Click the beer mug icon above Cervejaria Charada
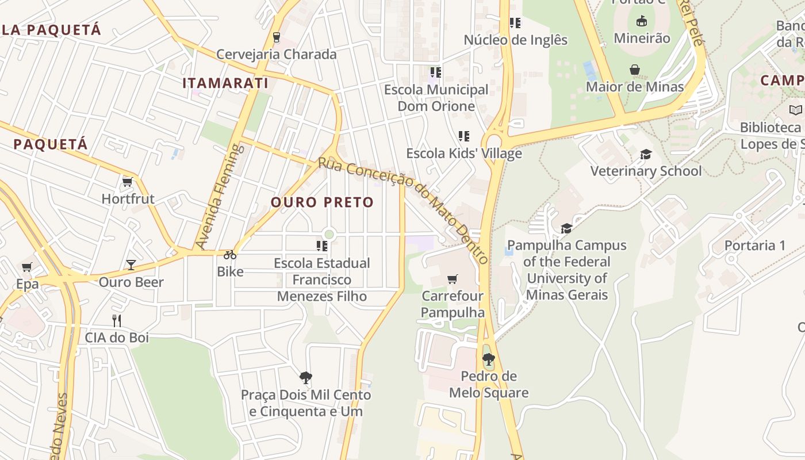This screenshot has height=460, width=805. tap(277, 37)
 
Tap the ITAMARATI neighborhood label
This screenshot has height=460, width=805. tap(225, 83)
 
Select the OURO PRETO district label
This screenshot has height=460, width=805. tap(322, 202)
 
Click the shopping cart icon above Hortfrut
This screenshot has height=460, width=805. tap(127, 182)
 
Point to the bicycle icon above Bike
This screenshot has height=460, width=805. tap(230, 255)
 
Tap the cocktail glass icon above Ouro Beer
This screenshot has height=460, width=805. tap(131, 265)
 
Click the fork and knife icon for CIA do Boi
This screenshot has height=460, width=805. tap(117, 320)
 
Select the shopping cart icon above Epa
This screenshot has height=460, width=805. tap(26, 267)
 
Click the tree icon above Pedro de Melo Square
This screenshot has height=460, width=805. tap(489, 360)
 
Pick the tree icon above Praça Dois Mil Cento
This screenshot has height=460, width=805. tap(306, 378)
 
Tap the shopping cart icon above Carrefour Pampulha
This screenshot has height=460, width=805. tap(453, 279)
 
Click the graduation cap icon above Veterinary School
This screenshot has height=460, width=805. tap(646, 154)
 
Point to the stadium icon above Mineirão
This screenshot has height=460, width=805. tap(642, 21)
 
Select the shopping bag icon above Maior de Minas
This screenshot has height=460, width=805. tap(635, 70)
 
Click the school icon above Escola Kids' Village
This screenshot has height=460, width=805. tap(464, 136)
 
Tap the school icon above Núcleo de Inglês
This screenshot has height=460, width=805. tap(515, 23)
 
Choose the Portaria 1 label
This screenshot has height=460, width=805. tap(754, 246)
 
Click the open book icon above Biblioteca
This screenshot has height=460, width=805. tap(795, 110)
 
